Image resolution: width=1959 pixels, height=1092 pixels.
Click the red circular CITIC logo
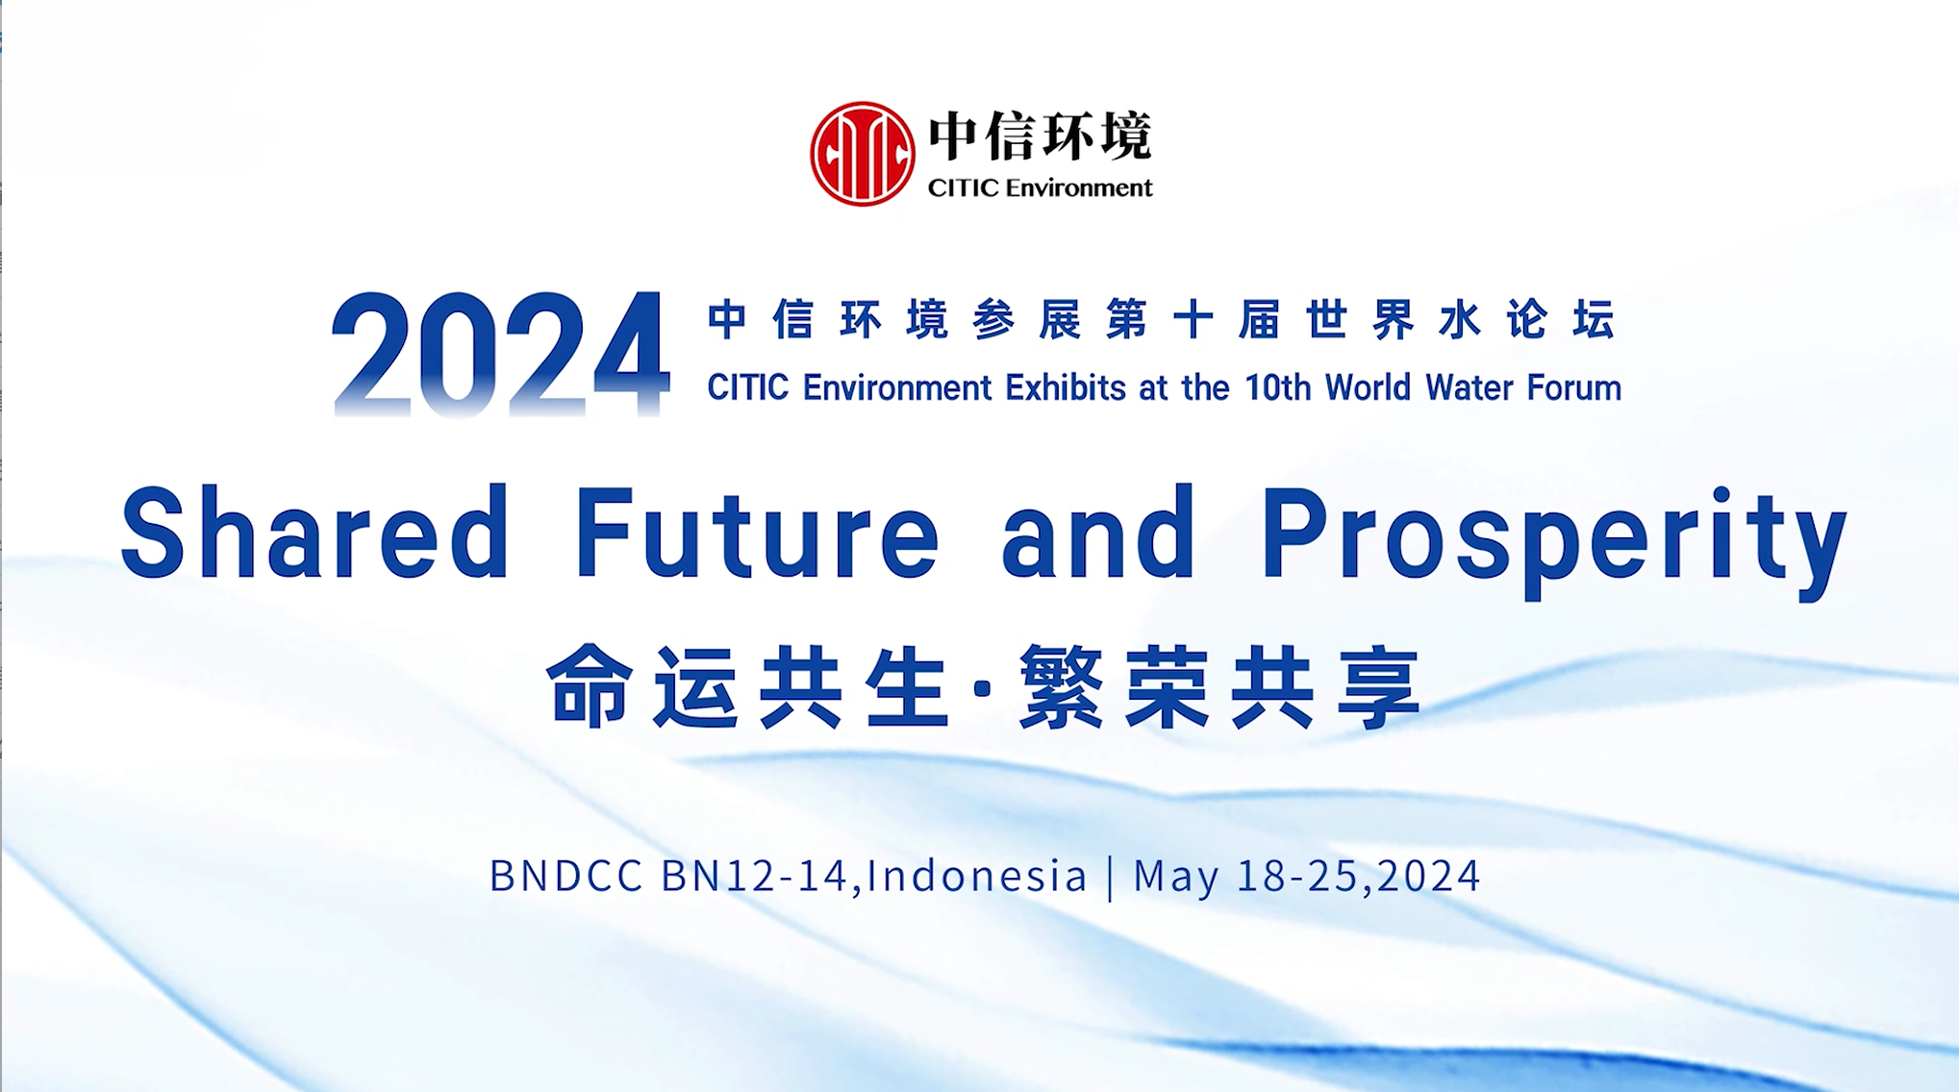[862, 154]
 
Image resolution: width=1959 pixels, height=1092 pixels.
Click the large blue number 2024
[500, 353]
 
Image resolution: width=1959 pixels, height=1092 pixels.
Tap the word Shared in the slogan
[314, 533]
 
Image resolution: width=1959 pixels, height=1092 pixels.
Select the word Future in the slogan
[757, 533]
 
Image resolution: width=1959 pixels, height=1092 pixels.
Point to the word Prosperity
[1554, 540]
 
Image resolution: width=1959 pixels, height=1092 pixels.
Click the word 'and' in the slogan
[1098, 533]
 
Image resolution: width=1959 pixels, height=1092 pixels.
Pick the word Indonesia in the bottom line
[977, 876]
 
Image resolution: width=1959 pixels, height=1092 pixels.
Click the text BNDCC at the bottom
[565, 876]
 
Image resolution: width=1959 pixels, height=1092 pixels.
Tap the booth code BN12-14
[756, 876]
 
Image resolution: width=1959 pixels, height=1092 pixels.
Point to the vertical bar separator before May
[1111, 877]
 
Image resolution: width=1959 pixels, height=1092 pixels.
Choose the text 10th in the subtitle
[1277, 387]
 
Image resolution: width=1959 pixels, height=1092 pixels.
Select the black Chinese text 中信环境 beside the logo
[1040, 136]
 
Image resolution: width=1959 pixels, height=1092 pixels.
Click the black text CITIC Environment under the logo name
[1040, 187]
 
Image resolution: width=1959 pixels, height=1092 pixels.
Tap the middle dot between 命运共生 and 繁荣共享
[983, 687]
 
